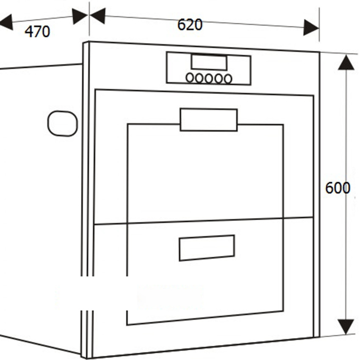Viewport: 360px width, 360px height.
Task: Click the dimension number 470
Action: pos(37,32)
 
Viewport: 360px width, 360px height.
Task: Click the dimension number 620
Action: pos(190,25)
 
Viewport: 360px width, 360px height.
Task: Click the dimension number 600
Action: pos(338,188)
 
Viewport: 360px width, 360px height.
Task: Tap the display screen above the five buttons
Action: pos(209,62)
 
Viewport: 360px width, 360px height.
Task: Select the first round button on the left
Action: pos(190,78)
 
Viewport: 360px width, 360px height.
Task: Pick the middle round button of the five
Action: pos(209,78)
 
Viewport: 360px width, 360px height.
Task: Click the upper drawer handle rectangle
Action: pos(209,119)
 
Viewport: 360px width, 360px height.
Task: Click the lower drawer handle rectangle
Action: pos(207,248)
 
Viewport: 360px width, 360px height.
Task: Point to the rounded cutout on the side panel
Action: pos(62,124)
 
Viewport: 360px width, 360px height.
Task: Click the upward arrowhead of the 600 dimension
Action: pos(346,62)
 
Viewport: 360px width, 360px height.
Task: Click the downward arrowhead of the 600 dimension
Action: pos(346,327)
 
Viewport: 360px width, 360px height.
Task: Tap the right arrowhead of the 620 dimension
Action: pos(311,28)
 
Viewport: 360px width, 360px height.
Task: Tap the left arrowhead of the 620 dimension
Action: pos(97,16)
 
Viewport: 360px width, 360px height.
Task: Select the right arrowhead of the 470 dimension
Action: pos(80,16)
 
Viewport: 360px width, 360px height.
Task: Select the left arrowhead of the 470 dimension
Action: pos(6,22)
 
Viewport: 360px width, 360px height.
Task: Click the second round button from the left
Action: pos(199,78)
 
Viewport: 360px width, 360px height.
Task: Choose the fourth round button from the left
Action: pos(219,79)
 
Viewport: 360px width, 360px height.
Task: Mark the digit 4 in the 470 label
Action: pos(29,32)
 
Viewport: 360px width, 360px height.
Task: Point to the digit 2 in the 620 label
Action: pos(190,25)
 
